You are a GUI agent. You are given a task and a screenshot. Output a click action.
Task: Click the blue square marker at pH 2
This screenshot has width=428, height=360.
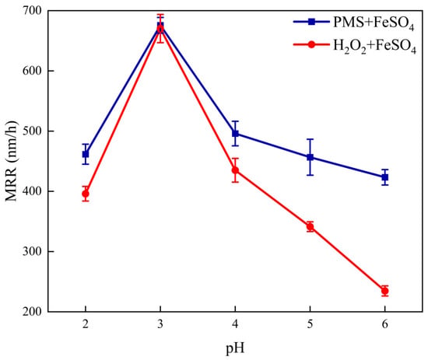tap(86, 154)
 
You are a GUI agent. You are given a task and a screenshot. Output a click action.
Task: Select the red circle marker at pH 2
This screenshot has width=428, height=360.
tap(86, 194)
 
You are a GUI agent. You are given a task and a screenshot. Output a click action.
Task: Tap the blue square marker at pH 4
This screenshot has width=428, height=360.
tap(235, 134)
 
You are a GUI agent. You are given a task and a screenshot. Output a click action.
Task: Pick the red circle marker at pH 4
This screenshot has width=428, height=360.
tap(235, 170)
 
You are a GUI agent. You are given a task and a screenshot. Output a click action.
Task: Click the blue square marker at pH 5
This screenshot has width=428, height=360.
tap(310, 157)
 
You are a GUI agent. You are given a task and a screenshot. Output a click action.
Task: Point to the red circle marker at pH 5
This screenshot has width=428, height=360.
tap(310, 226)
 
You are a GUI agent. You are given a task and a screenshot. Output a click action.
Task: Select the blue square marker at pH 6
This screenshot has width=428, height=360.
tap(384, 177)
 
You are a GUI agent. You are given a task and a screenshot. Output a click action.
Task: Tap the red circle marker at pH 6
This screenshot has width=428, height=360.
tap(384, 291)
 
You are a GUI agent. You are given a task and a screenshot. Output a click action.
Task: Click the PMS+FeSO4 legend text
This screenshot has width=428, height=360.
tap(374, 23)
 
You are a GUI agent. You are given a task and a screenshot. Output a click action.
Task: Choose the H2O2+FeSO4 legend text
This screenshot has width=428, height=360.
tap(374, 46)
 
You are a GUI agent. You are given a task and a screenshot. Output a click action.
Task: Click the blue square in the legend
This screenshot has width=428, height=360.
tap(311, 22)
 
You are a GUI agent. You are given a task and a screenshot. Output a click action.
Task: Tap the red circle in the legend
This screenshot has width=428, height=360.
tap(311, 44)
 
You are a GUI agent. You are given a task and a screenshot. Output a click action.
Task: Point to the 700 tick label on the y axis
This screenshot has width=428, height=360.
tap(32, 11)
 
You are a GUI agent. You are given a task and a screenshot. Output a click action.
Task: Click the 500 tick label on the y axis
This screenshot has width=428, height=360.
tap(32, 131)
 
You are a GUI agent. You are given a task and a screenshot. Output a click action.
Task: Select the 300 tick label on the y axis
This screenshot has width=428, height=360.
tap(32, 251)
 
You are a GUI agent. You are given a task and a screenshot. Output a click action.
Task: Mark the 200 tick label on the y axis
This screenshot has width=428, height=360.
tap(32, 312)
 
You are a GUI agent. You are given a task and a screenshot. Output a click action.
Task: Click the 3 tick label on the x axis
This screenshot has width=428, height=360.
tap(160, 324)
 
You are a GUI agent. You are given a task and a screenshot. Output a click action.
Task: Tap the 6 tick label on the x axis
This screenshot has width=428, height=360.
tap(384, 324)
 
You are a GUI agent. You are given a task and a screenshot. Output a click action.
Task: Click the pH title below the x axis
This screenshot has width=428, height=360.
tap(235, 349)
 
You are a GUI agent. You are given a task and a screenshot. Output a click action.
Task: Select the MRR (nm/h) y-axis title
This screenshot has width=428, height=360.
tap(11, 161)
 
